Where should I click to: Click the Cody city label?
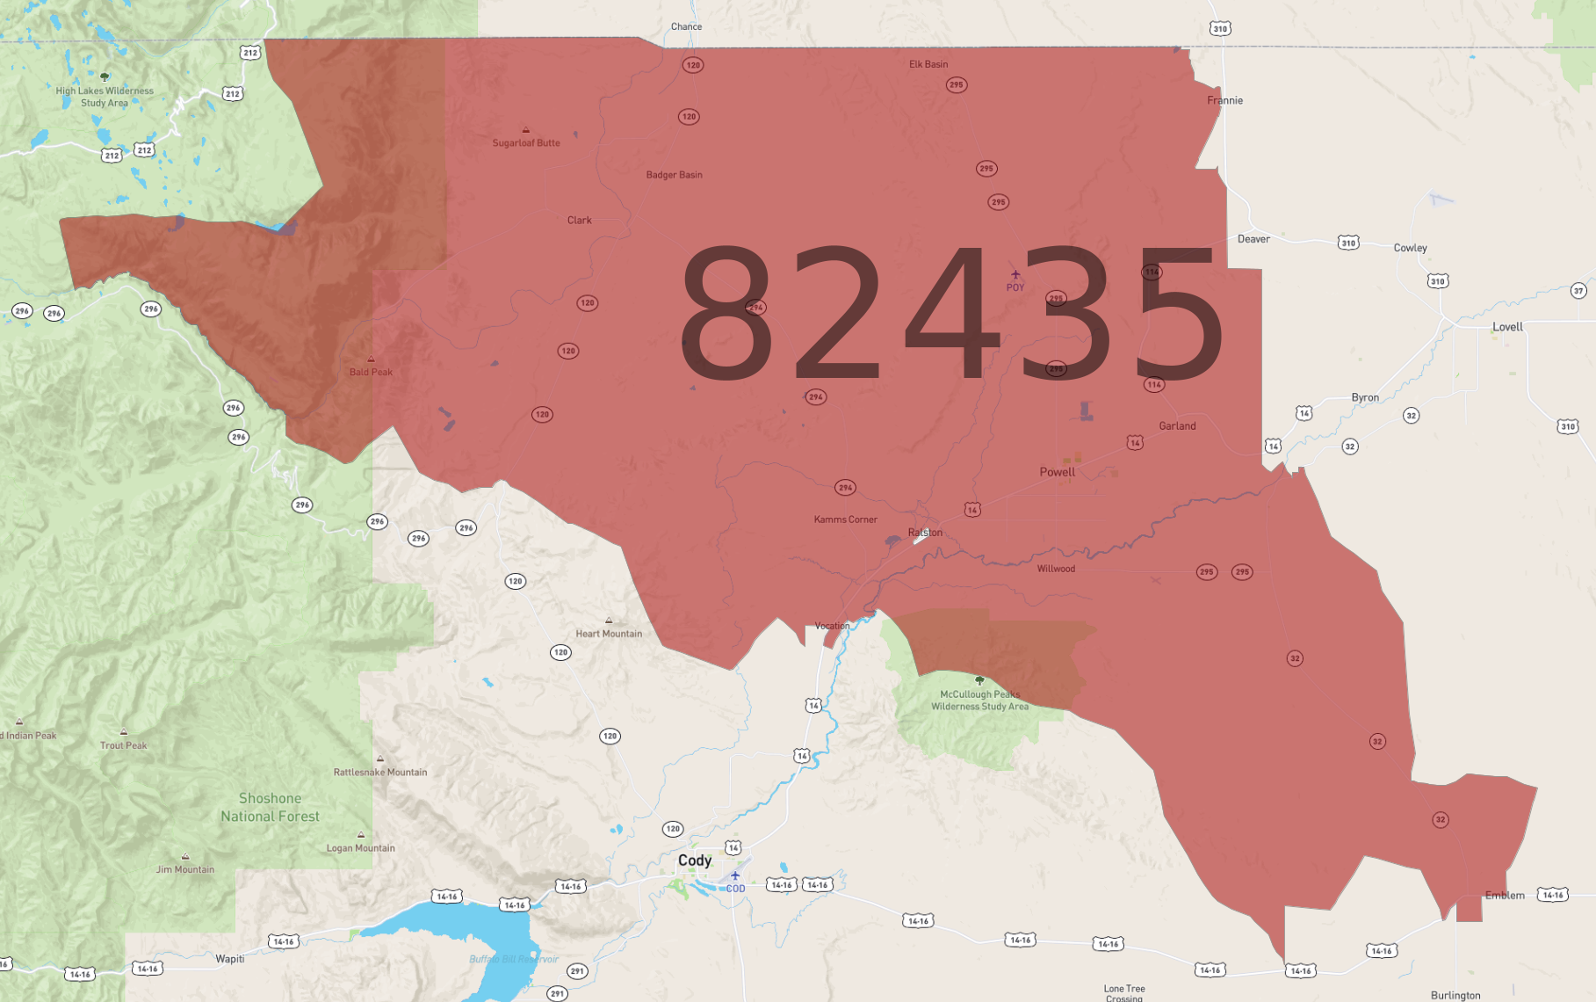(694, 860)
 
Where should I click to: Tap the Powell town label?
(1057, 472)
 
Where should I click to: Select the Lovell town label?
(1507, 327)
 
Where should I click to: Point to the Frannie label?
(1224, 100)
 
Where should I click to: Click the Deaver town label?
(1253, 239)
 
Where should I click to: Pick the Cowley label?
(1410, 248)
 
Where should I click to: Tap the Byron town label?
(1364, 397)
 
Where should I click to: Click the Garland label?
(1177, 426)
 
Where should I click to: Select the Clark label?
(579, 221)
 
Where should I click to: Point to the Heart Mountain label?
(609, 634)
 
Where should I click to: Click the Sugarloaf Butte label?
(525, 143)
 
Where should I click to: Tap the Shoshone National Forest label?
(270, 807)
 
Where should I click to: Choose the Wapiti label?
(230, 959)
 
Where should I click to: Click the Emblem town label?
(1505, 896)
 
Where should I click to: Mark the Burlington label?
(1455, 996)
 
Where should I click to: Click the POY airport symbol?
(1015, 275)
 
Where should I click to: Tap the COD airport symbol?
(735, 875)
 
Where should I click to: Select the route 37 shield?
(1578, 291)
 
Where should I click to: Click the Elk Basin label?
(928, 64)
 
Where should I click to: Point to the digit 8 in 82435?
(726, 314)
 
